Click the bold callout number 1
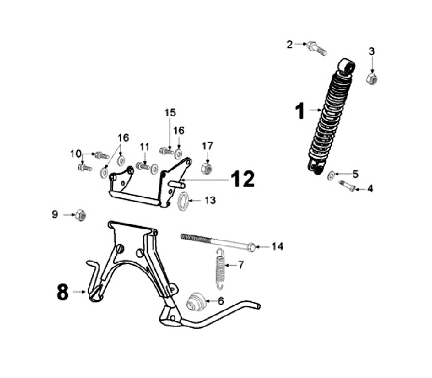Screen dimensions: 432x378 299,111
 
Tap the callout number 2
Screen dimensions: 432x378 290,44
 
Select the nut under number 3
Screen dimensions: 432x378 371,78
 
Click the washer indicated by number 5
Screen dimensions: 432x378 331,175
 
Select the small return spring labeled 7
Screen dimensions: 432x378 220,265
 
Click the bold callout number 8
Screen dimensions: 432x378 62,292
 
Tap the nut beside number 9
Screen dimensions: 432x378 81,214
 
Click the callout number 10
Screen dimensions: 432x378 75,154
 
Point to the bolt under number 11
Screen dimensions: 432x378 143,166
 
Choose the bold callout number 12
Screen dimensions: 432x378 243,178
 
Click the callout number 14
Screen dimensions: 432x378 277,247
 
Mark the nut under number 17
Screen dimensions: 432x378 206,169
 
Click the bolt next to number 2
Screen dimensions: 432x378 317,49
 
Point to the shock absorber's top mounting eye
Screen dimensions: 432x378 346,65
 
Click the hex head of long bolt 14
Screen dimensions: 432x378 253,246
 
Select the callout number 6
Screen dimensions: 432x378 220,301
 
